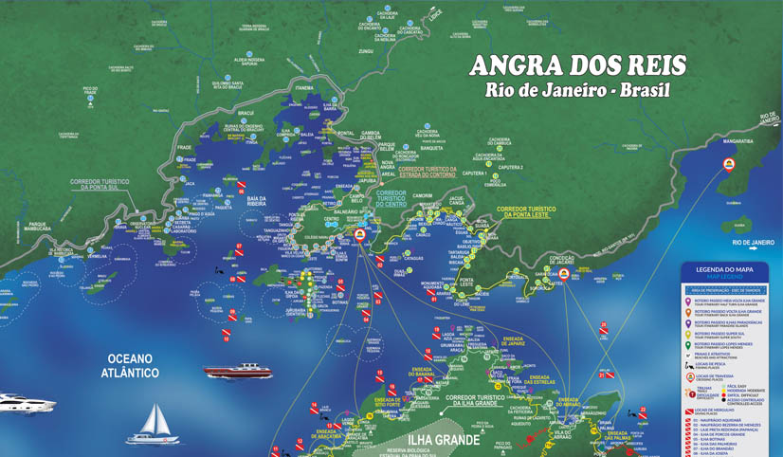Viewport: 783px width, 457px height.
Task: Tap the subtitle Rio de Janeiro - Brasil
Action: (577, 91)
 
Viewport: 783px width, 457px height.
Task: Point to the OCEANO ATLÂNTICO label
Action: (131, 366)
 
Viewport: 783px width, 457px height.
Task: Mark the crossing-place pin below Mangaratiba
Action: (729, 163)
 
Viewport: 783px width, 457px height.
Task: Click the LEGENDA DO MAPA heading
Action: (723, 269)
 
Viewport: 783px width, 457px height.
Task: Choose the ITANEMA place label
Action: (304, 87)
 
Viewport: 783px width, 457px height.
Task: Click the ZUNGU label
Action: (365, 51)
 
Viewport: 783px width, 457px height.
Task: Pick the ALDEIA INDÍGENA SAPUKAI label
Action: (249, 62)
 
